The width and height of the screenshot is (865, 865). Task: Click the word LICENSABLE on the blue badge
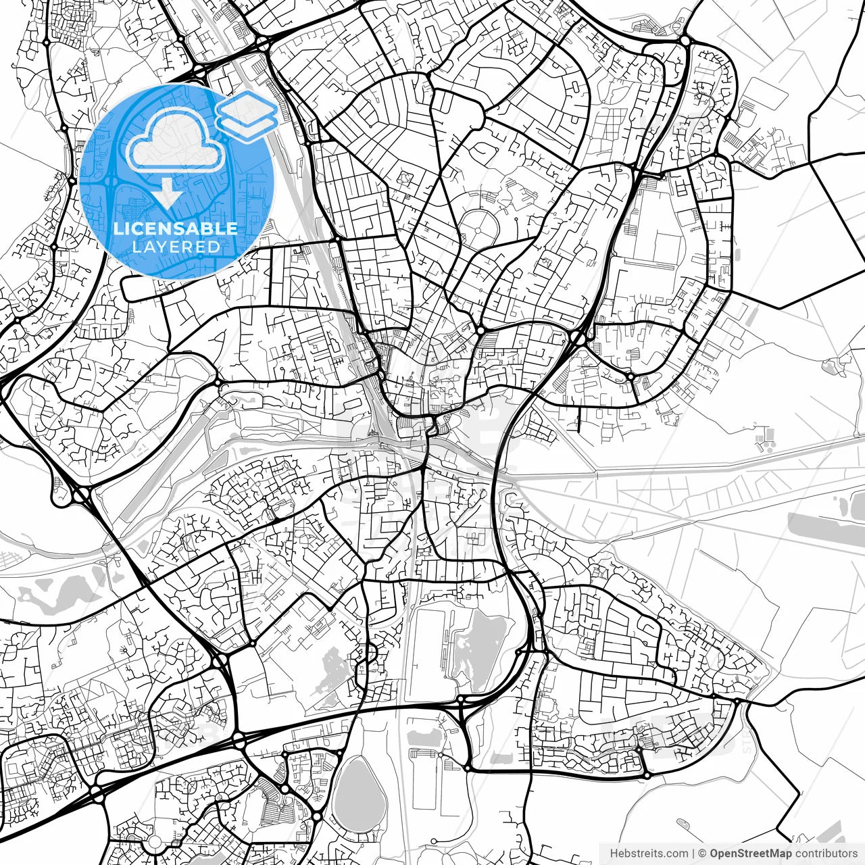click(x=176, y=228)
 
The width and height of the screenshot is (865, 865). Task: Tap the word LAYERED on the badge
click(x=176, y=247)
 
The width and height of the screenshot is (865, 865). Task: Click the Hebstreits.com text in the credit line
click(x=649, y=854)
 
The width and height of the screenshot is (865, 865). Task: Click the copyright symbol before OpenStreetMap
click(x=703, y=854)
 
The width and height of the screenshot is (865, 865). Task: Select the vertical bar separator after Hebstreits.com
click(x=693, y=854)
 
